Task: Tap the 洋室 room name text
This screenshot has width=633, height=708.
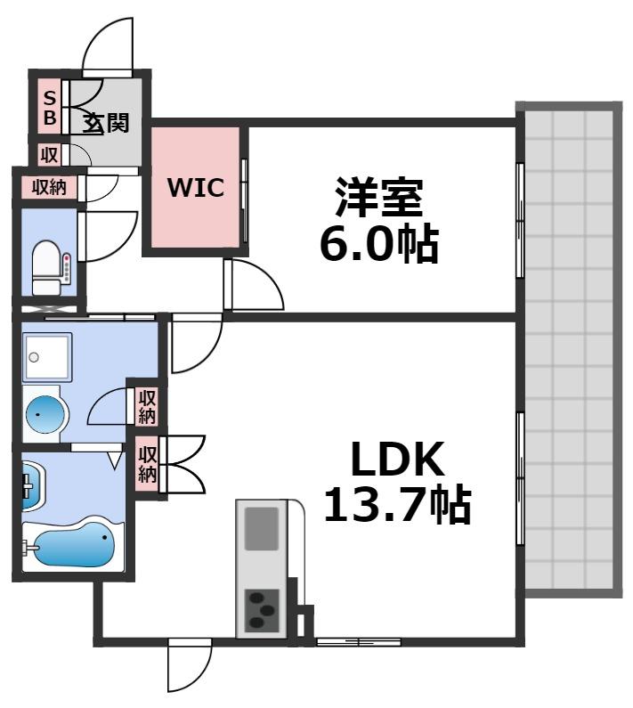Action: (x=377, y=199)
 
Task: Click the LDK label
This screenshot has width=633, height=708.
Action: (x=396, y=460)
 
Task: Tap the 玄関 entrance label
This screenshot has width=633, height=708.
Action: (x=107, y=122)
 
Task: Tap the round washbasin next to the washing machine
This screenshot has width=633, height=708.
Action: (x=45, y=412)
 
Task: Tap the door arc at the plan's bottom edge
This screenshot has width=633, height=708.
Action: (x=190, y=667)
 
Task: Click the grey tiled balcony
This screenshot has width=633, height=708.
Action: (x=569, y=352)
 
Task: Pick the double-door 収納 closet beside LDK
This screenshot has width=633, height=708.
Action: (x=148, y=462)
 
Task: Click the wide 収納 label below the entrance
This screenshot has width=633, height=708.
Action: (x=50, y=187)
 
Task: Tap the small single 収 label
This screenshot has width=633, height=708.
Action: (x=49, y=154)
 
